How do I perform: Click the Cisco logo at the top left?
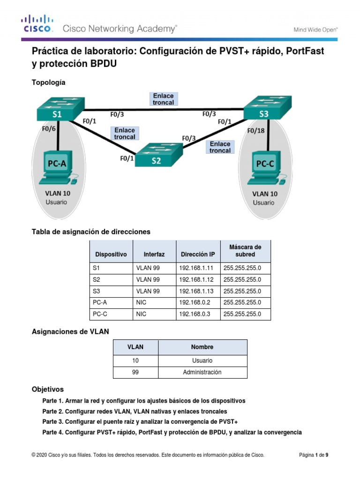[37, 23]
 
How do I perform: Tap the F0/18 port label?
[256, 131]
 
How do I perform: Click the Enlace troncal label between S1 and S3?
[163, 99]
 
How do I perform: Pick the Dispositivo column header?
[111, 255]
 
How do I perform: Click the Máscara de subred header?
[245, 251]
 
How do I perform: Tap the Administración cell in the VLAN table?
[202, 372]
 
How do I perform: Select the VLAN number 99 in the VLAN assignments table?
[135, 372]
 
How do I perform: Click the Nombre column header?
[202, 347]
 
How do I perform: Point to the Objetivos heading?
[47, 390]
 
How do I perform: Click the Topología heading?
[48, 82]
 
